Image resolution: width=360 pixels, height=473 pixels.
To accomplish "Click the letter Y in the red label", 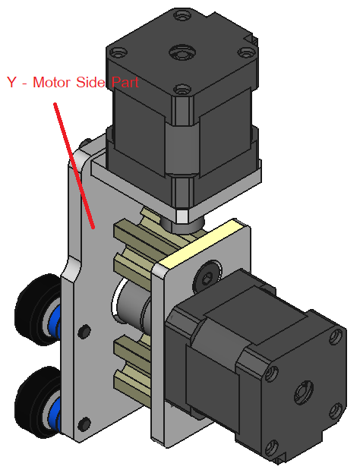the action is [x=12, y=82].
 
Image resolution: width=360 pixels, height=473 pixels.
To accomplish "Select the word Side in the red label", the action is [x=90, y=82].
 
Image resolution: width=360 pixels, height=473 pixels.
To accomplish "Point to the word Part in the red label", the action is [x=125, y=82].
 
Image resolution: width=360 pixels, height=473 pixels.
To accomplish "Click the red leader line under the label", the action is [x=74, y=166].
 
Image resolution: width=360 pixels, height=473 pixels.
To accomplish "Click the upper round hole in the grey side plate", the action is [x=84, y=331].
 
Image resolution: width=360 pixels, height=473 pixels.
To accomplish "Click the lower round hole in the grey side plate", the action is [x=84, y=424].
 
